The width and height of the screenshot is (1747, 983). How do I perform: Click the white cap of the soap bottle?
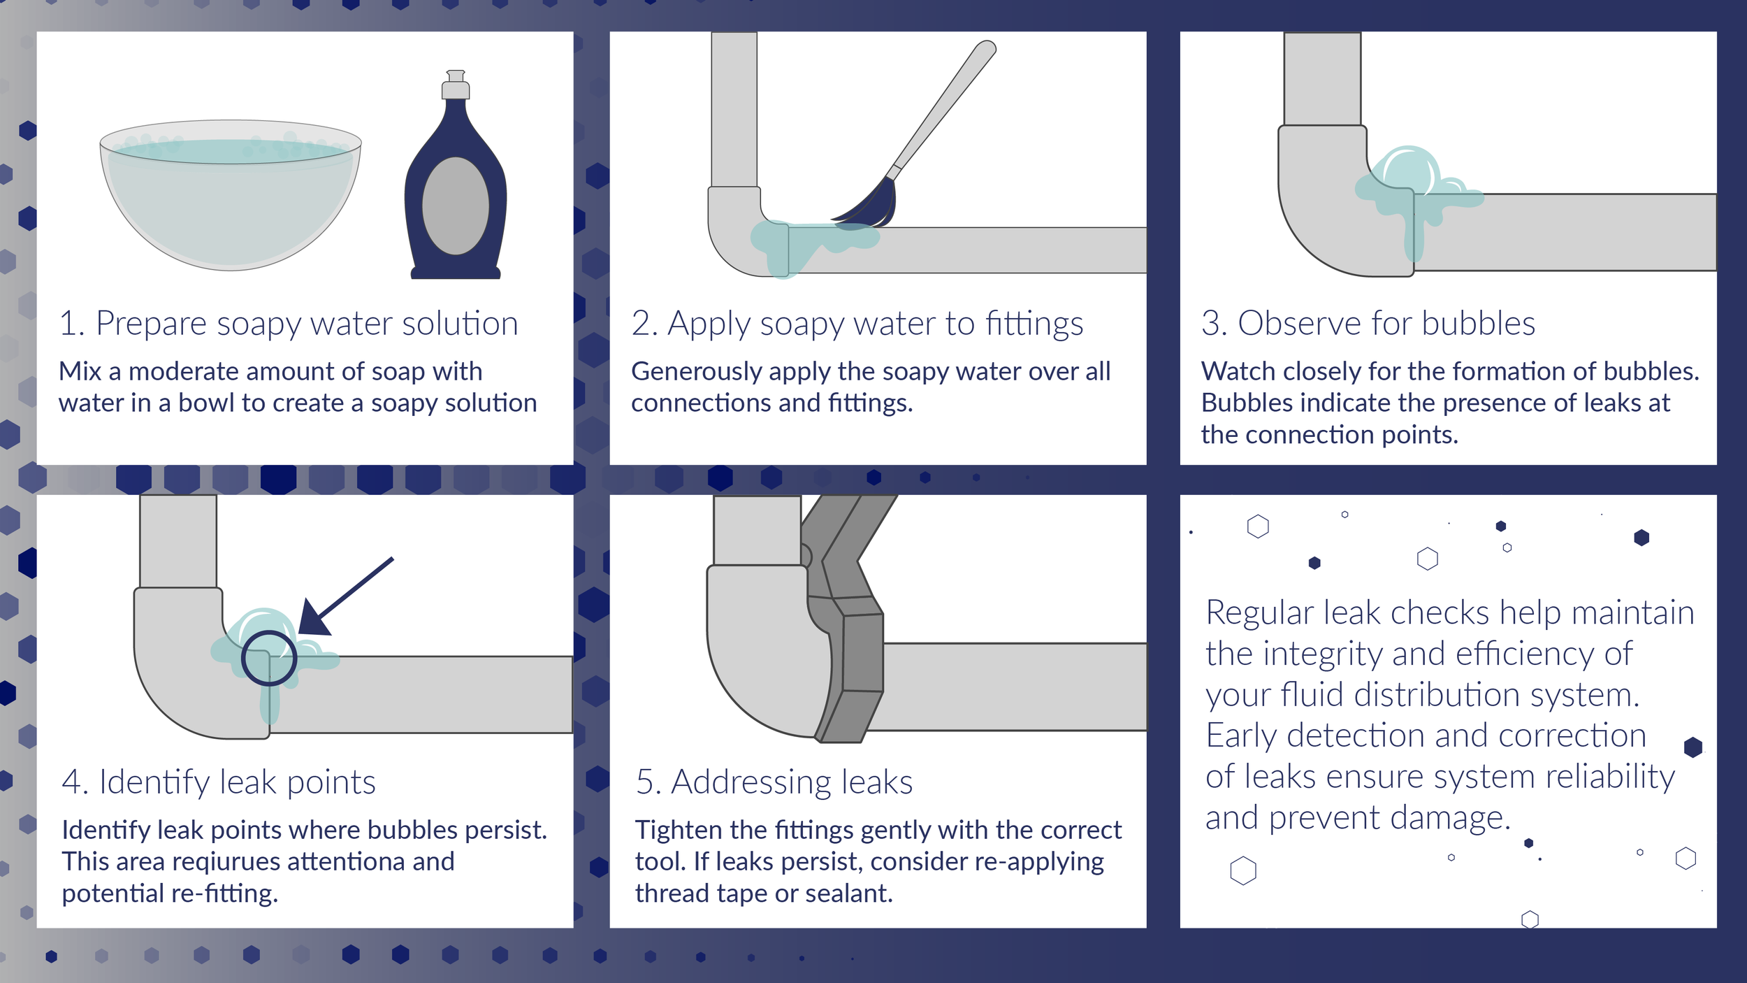pyautogui.click(x=456, y=85)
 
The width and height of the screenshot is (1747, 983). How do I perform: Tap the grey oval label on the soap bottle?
pyautogui.click(x=456, y=206)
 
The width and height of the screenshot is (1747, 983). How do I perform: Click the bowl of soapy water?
pyautogui.click(x=231, y=203)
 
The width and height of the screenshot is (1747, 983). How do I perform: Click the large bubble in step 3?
pyautogui.click(x=1408, y=171)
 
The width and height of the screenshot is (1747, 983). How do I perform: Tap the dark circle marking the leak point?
pyautogui.click(x=269, y=658)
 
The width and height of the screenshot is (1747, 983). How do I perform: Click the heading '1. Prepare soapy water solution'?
pyautogui.click(x=289, y=324)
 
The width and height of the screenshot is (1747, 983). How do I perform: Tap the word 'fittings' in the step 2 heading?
pyautogui.click(x=1034, y=324)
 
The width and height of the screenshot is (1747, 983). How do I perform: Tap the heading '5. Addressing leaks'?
pyautogui.click(x=774, y=782)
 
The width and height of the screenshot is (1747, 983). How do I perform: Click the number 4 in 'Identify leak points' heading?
pyautogui.click(x=72, y=782)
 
